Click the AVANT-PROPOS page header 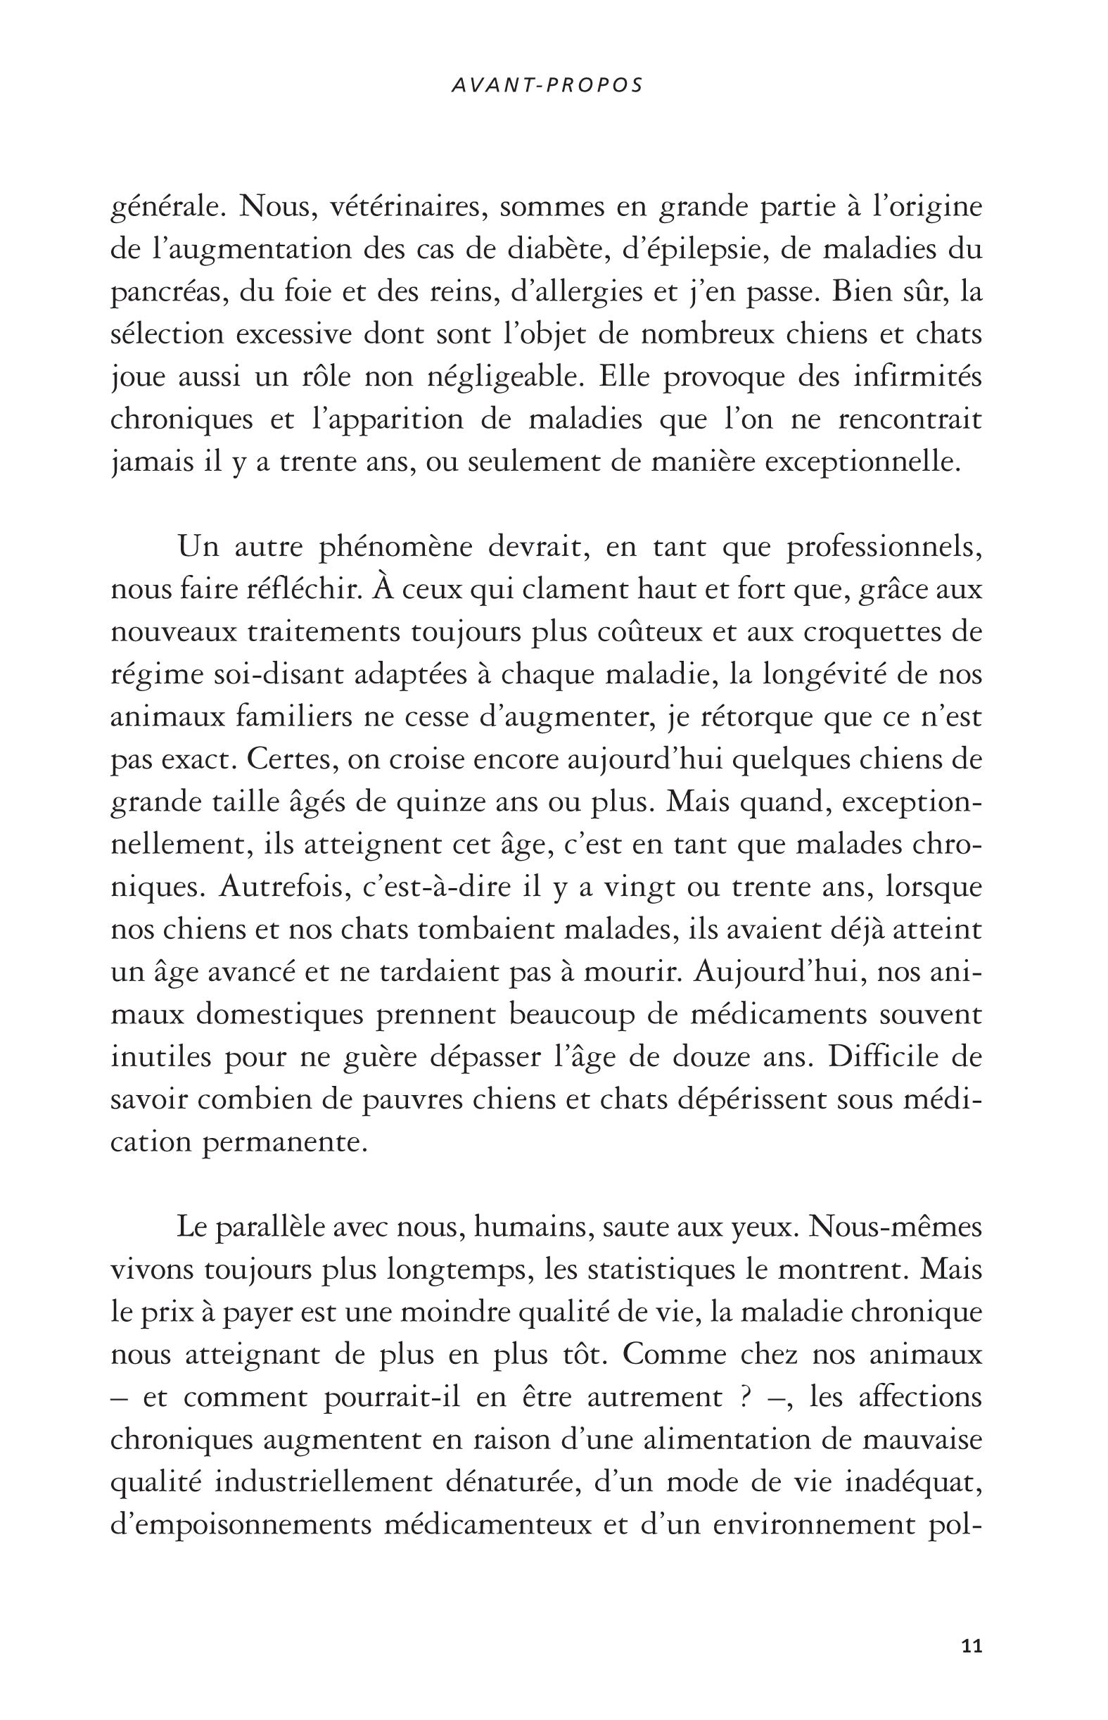tap(546, 86)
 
